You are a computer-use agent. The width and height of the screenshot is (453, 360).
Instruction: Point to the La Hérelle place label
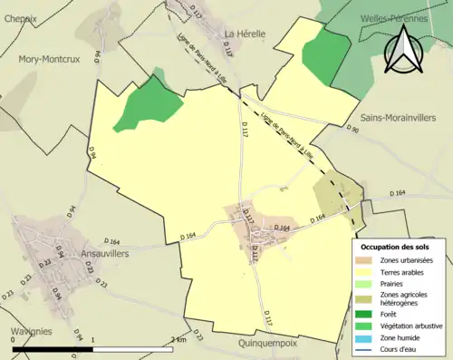point(245,34)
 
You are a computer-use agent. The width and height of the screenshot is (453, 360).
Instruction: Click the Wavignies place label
point(26,331)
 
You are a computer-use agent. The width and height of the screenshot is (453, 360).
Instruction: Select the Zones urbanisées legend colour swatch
point(369,260)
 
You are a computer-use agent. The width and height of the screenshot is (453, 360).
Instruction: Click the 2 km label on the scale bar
point(178,339)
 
